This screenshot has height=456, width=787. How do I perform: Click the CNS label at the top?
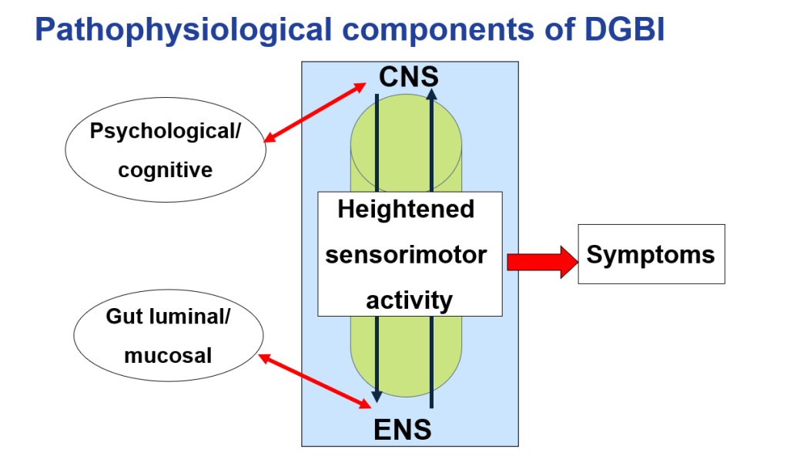[409, 76]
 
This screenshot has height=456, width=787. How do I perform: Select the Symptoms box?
[651, 254]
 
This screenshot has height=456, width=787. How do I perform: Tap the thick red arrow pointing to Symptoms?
[542, 262]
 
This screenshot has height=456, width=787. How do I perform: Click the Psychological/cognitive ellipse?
[166, 149]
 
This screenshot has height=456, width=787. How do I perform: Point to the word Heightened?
[406, 209]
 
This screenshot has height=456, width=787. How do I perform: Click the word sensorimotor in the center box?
[406, 254]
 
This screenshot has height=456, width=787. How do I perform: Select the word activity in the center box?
[409, 300]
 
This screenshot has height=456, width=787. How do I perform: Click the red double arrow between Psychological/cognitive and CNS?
[315, 113]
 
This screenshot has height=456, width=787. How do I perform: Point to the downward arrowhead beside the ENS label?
[377, 397]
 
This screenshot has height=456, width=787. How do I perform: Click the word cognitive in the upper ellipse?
[165, 169]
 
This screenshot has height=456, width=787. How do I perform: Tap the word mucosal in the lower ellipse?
[168, 355]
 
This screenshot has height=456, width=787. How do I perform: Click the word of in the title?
[548, 30]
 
